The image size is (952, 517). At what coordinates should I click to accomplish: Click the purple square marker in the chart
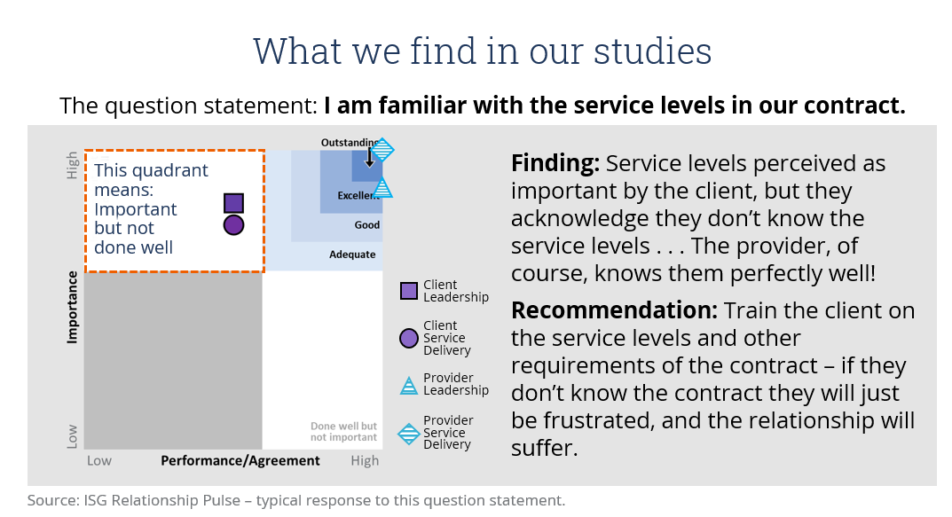tap(233, 203)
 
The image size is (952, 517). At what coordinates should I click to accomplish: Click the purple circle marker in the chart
tap(233, 225)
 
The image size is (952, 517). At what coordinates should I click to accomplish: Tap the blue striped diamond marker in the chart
tap(382, 150)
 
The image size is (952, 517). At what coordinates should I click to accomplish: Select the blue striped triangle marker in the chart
tap(382, 189)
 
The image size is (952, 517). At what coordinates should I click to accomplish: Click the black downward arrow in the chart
tap(369, 157)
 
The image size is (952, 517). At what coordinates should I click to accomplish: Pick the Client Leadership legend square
tap(409, 291)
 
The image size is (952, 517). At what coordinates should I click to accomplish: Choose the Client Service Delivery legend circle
tap(409, 338)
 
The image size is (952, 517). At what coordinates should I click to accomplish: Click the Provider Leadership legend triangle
tap(409, 386)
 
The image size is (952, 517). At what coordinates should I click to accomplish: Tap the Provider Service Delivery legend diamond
tap(409, 434)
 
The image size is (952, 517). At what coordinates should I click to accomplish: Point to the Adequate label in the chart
tap(352, 255)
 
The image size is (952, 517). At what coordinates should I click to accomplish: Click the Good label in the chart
tap(367, 225)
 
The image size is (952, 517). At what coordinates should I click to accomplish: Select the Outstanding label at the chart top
tap(349, 143)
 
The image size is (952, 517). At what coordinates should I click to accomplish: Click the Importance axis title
tap(72, 307)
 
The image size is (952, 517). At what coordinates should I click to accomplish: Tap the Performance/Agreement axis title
tap(240, 460)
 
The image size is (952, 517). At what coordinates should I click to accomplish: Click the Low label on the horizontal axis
tap(99, 460)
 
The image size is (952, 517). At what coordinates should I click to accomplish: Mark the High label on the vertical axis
tap(72, 165)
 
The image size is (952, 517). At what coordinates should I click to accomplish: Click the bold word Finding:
tap(555, 164)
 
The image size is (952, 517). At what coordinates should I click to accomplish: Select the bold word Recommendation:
tap(615, 310)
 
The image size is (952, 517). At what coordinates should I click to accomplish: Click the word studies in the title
tap(652, 51)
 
